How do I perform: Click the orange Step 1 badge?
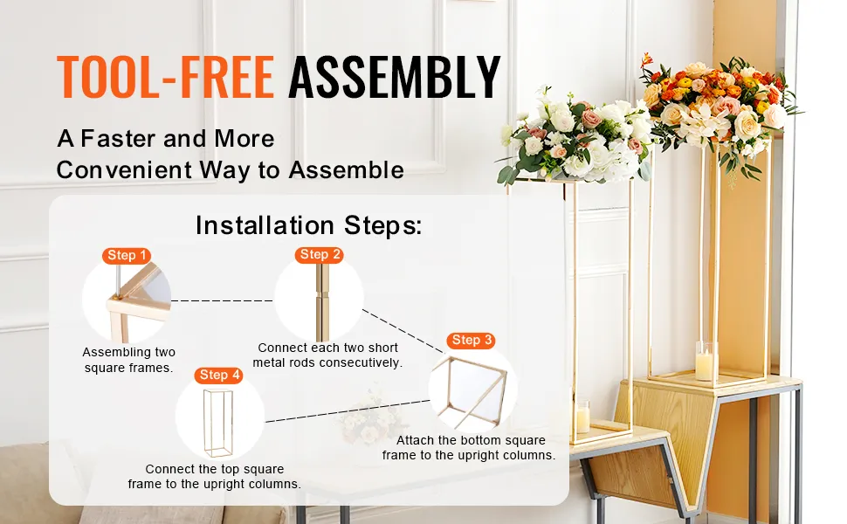(x=127, y=256)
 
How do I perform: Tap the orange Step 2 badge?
(x=320, y=254)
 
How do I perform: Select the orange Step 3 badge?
(x=471, y=340)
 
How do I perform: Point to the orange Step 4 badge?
(x=219, y=375)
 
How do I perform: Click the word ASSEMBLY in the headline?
(x=395, y=77)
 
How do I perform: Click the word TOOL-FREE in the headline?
(x=165, y=77)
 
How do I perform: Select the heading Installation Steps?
(x=308, y=224)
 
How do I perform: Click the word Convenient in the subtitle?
(x=124, y=169)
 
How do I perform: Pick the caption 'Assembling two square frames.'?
(x=128, y=360)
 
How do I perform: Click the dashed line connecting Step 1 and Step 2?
(x=222, y=301)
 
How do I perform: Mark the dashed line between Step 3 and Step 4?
(x=348, y=411)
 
